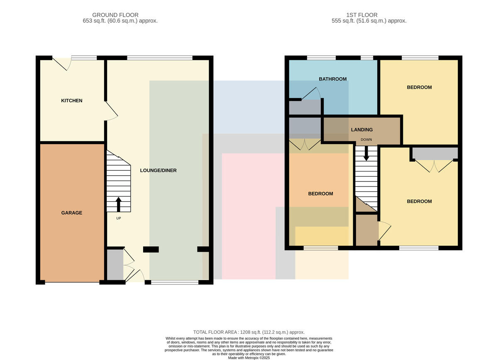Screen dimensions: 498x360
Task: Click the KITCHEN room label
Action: click(71, 100)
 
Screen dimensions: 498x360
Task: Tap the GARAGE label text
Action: click(71, 213)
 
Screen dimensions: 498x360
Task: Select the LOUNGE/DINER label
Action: click(158, 170)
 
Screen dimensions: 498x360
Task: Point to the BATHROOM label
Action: click(332, 79)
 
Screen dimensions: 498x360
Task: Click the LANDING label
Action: click(362, 130)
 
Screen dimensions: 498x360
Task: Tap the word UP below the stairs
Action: click(119, 218)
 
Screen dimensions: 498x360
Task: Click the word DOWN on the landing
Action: click(366, 140)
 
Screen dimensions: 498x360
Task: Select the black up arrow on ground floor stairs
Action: click(119, 204)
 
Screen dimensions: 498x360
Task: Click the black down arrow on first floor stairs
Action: click(366, 153)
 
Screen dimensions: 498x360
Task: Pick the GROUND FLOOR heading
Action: click(115, 15)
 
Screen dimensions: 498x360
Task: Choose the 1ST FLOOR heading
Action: click(362, 15)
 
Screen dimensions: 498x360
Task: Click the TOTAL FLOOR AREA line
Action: click(249, 332)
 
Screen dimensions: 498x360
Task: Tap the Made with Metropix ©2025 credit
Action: click(249, 358)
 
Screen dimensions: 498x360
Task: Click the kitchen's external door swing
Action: click(62, 64)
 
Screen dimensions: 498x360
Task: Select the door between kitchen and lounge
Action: click(111, 111)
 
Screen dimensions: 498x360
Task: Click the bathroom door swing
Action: click(311, 93)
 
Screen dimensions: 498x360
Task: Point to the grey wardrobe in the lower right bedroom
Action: click(435, 154)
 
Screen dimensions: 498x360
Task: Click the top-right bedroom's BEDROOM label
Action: click(419, 87)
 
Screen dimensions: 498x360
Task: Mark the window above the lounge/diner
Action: click(160, 58)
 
